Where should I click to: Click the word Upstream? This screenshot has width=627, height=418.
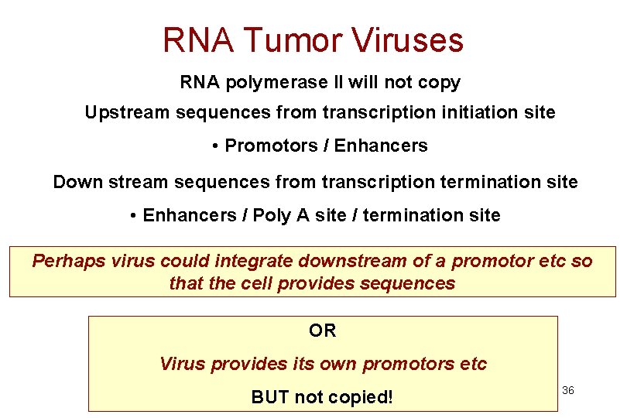tap(127, 113)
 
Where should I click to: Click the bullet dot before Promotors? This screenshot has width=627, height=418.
tap(214, 146)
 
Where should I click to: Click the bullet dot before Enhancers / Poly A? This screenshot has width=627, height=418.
tap(134, 216)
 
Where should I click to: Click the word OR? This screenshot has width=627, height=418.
tap(322, 331)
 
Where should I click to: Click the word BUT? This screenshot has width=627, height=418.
tap(269, 398)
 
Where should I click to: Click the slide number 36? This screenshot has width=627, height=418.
tap(567, 391)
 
